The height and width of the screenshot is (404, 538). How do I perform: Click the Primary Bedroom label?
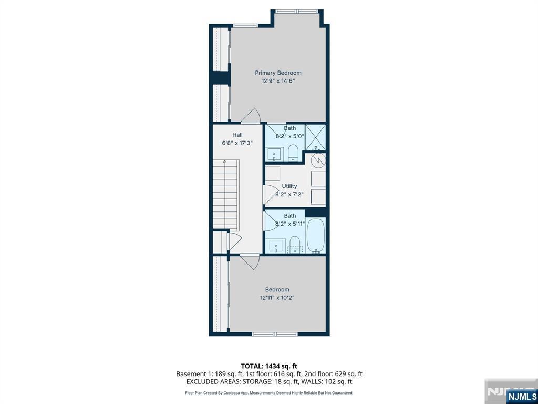pyautogui.click(x=278, y=73)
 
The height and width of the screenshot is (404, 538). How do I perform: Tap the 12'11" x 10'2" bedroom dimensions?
pyautogui.click(x=277, y=298)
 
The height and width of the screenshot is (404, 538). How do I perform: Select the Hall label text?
pyautogui.click(x=237, y=135)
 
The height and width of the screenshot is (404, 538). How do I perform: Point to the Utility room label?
pyautogui.click(x=289, y=186)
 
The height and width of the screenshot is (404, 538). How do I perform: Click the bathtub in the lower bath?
pyautogui.click(x=315, y=236)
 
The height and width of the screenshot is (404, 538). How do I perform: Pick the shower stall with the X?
pyautogui.click(x=315, y=137)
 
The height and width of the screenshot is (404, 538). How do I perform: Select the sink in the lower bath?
pyautogui.click(x=275, y=246)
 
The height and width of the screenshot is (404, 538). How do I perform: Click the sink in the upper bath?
pyautogui.click(x=274, y=154)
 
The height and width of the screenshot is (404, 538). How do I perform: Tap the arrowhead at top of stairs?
pyautogui.click(x=225, y=161)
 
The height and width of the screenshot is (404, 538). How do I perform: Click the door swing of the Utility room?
pyautogui.click(x=271, y=195)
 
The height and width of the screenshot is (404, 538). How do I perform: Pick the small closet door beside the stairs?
pyautogui.click(x=234, y=241)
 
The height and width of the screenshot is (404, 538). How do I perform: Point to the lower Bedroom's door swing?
pyautogui.click(x=250, y=262)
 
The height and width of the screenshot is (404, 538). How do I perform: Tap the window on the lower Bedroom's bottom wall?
pyautogui.click(x=275, y=334)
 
